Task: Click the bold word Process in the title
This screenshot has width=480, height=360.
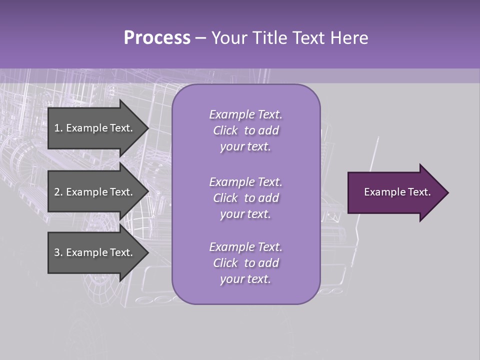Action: pos(157,38)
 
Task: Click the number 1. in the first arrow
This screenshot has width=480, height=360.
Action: pos(58,128)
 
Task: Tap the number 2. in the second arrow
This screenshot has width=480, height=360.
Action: pos(58,192)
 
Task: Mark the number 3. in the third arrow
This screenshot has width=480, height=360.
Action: pos(58,252)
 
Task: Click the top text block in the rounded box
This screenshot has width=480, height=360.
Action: pos(245,130)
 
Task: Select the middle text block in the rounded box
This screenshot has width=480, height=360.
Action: pos(245,198)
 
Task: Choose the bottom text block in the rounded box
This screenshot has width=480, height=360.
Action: pos(245,263)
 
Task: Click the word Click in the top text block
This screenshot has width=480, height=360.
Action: pos(225,130)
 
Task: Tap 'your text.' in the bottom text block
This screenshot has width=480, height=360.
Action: pos(245,279)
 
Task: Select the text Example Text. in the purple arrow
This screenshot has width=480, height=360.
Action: pos(397,192)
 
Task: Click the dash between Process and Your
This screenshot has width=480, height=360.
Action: pos(201,38)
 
